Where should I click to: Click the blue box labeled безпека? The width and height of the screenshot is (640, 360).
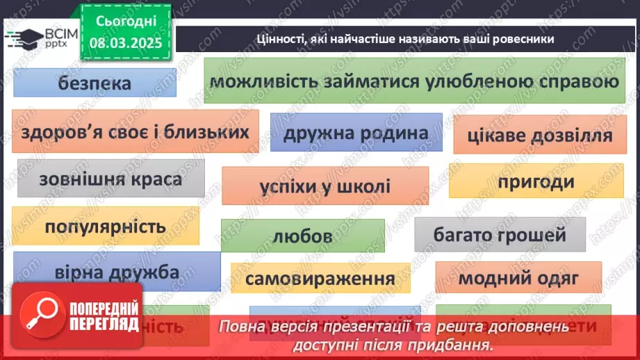[x=95, y=84]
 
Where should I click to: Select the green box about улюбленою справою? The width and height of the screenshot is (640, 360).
[x=413, y=82]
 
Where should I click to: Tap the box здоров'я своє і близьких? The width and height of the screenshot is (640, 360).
[x=135, y=131]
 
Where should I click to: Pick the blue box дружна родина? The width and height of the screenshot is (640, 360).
[x=356, y=132]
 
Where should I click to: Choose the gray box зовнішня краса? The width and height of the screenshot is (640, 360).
[x=111, y=179]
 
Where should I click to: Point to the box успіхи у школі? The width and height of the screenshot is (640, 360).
[x=325, y=186]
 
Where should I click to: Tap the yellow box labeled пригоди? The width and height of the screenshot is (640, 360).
[x=536, y=181]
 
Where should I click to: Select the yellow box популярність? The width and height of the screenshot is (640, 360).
[x=106, y=227]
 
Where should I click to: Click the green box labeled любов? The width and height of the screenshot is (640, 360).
[x=302, y=236]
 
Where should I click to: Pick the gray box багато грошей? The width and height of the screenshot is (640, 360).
[x=500, y=235]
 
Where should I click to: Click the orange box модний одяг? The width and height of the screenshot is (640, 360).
[x=518, y=278]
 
